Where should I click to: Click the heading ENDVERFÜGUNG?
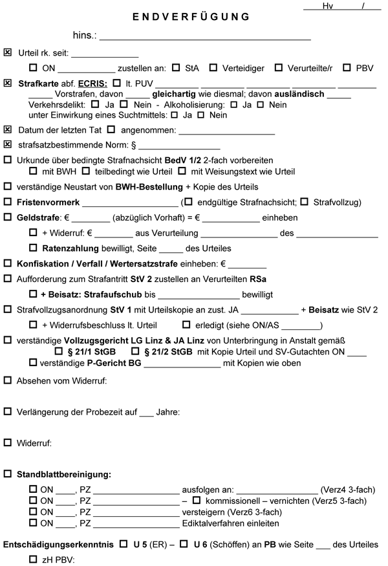pyautogui.click(x=191, y=16)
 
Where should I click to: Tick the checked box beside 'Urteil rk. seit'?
pyautogui.click(x=7, y=52)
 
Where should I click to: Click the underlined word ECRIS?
pyautogui.click(x=92, y=83)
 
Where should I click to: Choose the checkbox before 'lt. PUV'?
pyautogui.click(x=116, y=83)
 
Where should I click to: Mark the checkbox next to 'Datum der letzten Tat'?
pyautogui.click(x=7, y=129)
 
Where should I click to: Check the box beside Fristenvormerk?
pyautogui.click(x=7, y=202)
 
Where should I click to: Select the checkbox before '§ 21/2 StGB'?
pyautogui.click(x=136, y=351)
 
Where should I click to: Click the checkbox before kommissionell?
pyautogui.click(x=197, y=500)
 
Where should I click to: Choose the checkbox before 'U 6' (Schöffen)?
pyautogui.click(x=184, y=545)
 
